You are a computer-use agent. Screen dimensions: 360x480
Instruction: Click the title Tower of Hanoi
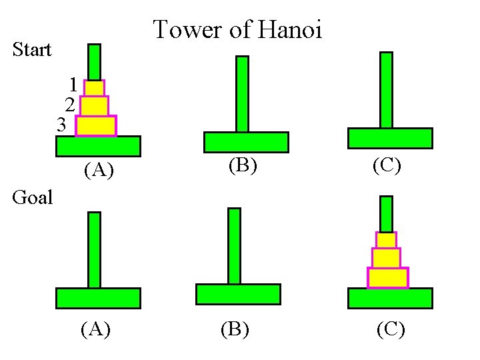coord(238,29)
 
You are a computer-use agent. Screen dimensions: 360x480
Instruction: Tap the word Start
coord(32,50)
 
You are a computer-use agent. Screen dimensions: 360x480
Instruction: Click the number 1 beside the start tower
coord(73,85)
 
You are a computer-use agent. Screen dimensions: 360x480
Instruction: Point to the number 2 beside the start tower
coord(69,104)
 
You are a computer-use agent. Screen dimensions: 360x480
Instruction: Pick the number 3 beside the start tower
coord(61,124)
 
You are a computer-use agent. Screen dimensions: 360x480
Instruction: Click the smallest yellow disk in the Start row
coord(94,88)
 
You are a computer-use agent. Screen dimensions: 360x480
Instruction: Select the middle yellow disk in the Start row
coord(94,106)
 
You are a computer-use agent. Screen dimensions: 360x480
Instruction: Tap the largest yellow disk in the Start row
coord(95,126)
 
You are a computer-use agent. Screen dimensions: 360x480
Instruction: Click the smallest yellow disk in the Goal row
coord(386,240)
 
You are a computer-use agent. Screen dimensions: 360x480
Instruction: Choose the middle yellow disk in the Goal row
coord(386,258)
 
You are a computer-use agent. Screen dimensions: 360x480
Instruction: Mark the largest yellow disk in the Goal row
coord(387,278)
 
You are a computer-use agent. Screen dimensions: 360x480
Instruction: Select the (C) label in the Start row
coord(387,165)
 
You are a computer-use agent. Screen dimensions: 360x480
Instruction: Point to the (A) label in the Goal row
coord(95,329)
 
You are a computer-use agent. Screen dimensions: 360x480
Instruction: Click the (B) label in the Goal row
coord(234,329)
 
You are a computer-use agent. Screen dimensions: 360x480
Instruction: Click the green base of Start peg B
coord(246,142)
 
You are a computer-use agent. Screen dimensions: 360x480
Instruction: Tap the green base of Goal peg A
coord(98,298)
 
